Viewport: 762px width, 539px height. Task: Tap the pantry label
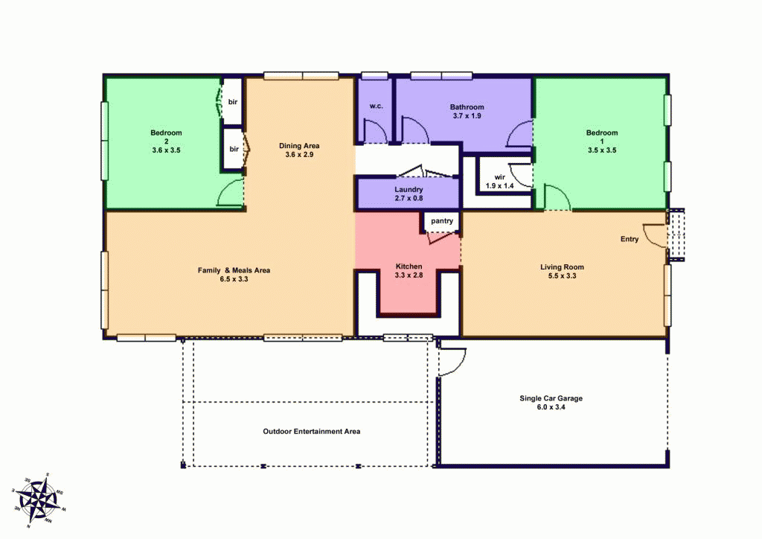pyautogui.click(x=442, y=221)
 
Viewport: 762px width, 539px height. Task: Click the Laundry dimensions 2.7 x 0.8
pyautogui.click(x=408, y=199)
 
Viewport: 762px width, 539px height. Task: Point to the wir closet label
pyautogui.click(x=499, y=176)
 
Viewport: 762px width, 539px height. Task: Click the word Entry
pyautogui.click(x=630, y=239)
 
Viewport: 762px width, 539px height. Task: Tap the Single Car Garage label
pyautogui.click(x=551, y=398)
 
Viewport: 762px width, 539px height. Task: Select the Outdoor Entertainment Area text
pyautogui.click(x=312, y=431)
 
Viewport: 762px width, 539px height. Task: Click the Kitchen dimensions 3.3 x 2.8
pyautogui.click(x=409, y=275)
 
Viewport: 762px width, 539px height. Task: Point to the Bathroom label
pyautogui.click(x=467, y=107)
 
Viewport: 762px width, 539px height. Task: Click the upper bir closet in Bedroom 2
pyautogui.click(x=233, y=101)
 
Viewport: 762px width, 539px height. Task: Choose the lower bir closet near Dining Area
pyautogui.click(x=234, y=149)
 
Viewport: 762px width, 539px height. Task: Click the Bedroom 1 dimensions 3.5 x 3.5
pyautogui.click(x=601, y=150)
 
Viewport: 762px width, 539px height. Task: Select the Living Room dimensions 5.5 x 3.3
pyautogui.click(x=562, y=275)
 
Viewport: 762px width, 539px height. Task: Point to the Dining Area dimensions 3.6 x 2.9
pyautogui.click(x=299, y=155)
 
